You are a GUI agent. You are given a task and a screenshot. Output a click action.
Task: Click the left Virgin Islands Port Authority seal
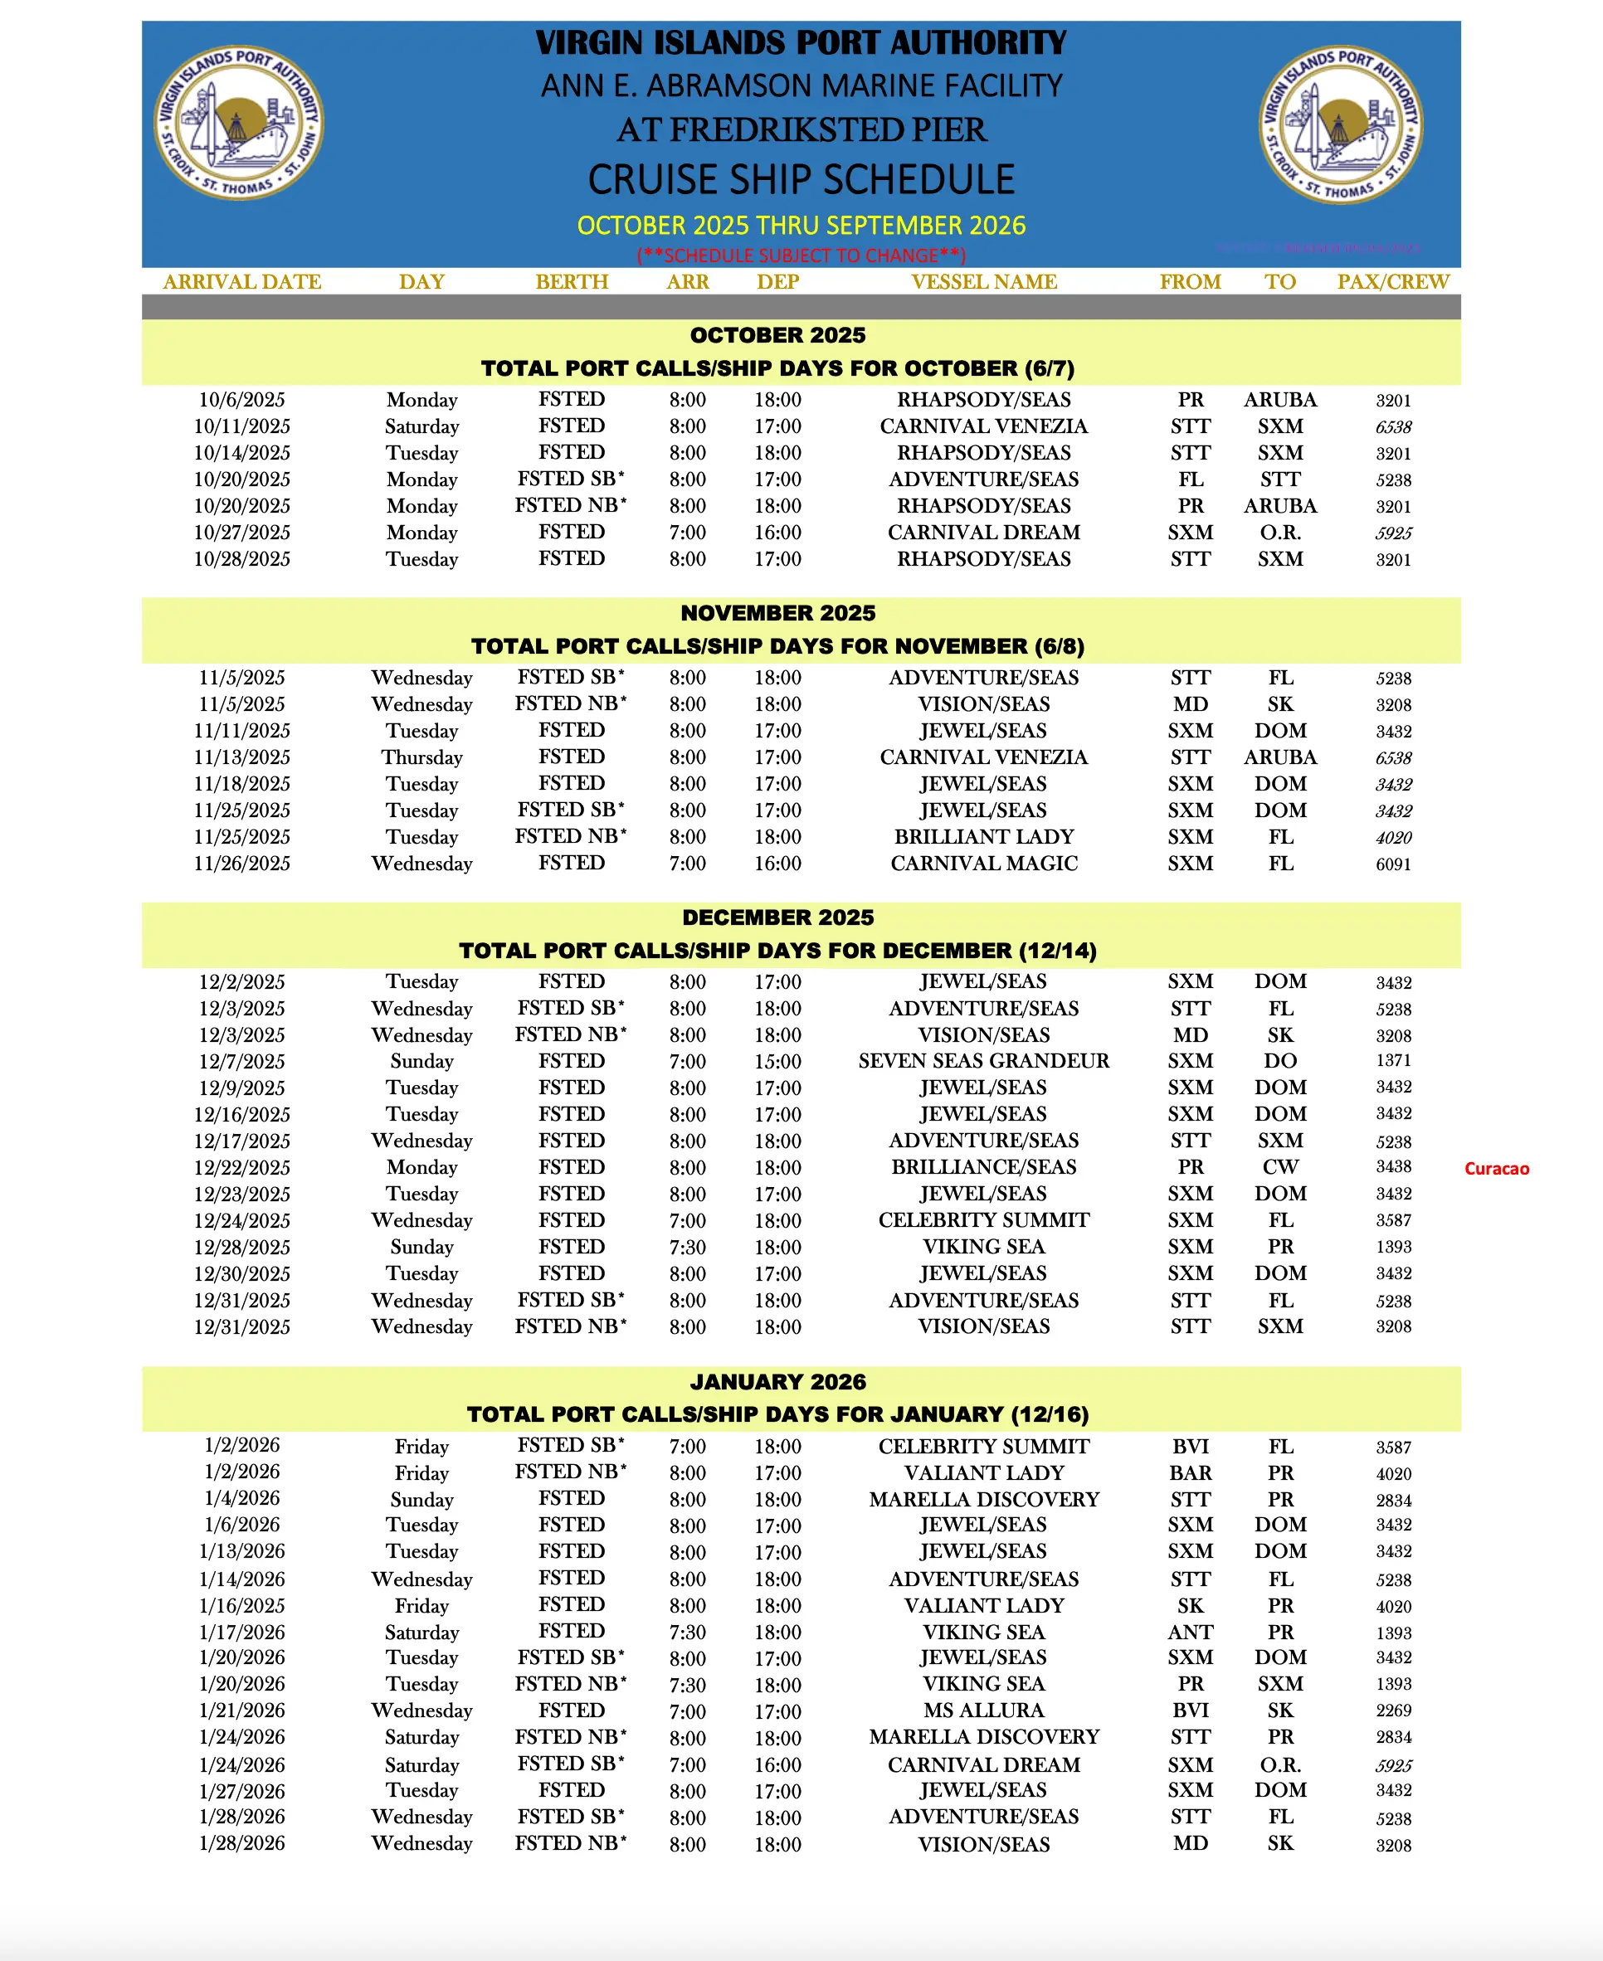238,123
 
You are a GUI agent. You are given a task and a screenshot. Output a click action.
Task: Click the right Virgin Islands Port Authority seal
1341,124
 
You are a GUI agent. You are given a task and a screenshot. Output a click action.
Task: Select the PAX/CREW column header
1392,281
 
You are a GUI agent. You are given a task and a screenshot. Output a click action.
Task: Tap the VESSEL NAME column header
983,281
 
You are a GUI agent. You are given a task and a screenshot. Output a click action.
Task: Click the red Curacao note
1496,1169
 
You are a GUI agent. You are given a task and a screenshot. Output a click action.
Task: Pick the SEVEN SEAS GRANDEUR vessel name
983,1061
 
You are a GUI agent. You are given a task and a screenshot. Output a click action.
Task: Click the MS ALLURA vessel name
983,1710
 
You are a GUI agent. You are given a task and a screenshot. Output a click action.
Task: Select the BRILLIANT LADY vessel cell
983,836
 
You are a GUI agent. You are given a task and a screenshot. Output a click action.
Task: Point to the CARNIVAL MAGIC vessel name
983,864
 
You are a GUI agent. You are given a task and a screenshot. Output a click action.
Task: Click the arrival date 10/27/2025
242,533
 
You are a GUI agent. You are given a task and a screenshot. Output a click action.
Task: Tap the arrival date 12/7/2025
242,1062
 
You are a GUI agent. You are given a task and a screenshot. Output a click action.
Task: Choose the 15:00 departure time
777,1062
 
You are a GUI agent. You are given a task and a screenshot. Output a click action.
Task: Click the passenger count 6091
1392,864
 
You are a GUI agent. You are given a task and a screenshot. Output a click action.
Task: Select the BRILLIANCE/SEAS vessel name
983,1167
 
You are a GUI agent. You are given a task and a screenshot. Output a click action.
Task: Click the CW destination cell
1279,1167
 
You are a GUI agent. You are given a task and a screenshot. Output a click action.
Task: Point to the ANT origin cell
1191,1633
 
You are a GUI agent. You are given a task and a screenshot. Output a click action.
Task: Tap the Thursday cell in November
422,757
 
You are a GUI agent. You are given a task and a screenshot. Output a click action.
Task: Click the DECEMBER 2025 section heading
777,917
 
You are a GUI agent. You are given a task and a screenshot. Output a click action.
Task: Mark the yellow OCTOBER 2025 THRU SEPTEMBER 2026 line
801,226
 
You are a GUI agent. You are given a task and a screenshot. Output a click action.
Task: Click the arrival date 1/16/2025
242,1605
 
